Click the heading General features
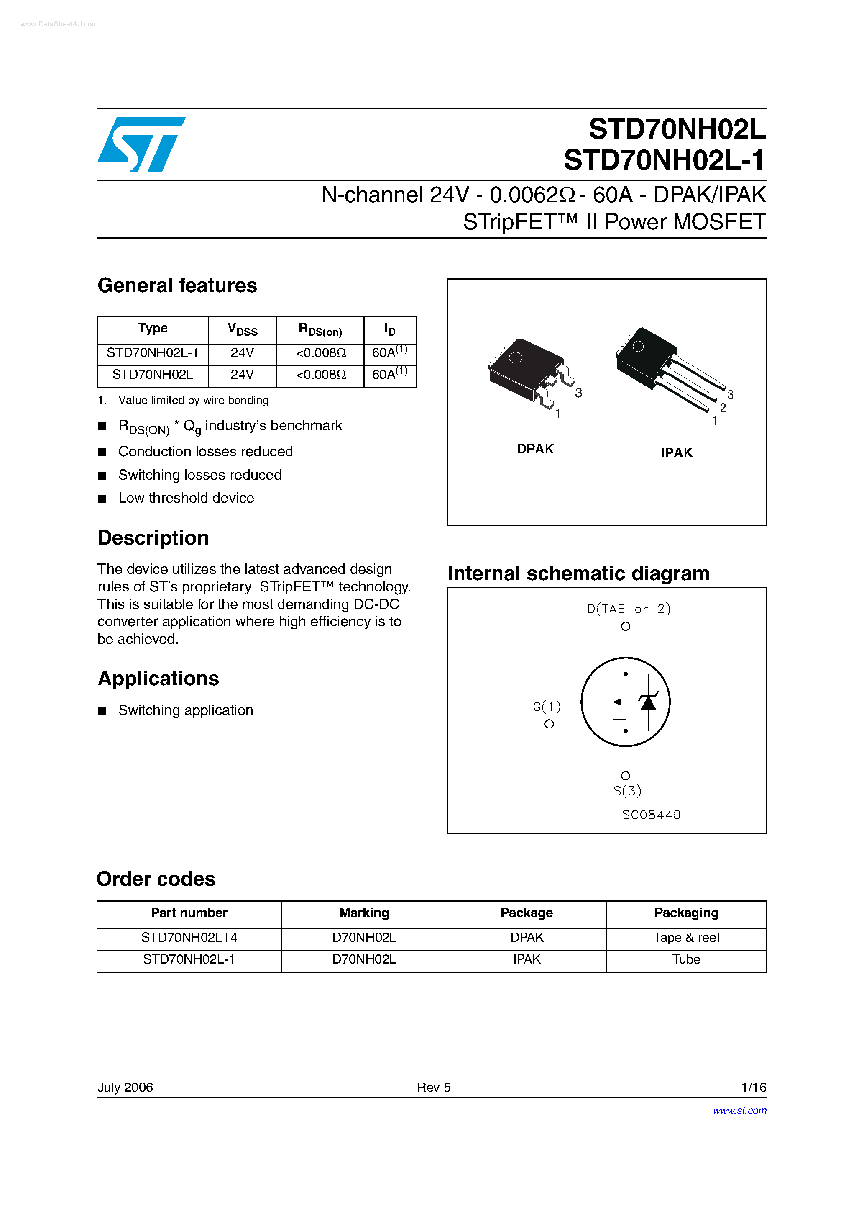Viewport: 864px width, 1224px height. coord(177,286)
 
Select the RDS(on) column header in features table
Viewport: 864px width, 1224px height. coord(320,330)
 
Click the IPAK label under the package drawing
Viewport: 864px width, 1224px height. coord(677,453)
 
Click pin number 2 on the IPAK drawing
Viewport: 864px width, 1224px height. coord(723,408)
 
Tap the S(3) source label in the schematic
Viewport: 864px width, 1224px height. coord(627,791)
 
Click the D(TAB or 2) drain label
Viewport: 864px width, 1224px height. coord(629,609)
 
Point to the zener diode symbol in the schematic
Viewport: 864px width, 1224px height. coord(648,702)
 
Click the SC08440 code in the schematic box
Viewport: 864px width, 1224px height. coord(651,815)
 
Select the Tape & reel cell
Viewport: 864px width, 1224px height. coord(686,937)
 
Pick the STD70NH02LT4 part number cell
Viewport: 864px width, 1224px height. coord(189,937)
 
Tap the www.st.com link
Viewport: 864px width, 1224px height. coord(739,1111)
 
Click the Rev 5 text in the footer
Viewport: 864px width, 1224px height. coord(434,1087)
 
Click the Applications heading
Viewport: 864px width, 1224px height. coord(158,679)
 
